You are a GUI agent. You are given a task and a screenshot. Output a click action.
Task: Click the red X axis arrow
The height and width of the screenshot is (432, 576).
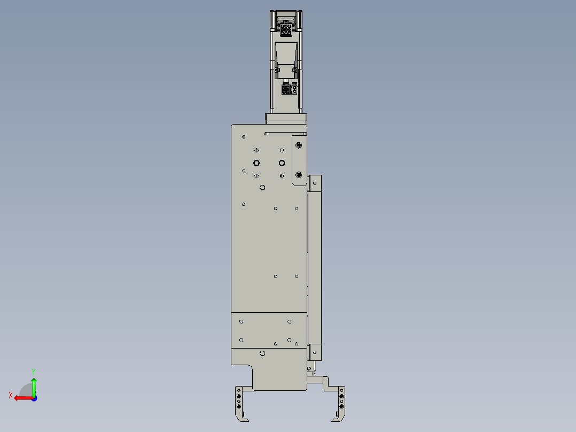pyautogui.click(x=21, y=397)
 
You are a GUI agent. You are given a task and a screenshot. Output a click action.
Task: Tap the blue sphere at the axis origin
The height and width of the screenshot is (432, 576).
pyautogui.click(x=34, y=398)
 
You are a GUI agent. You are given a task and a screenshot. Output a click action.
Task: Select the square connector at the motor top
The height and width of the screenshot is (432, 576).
pyautogui.click(x=286, y=29)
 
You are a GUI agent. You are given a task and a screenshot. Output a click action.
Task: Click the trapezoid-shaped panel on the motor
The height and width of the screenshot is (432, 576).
pyautogui.click(x=286, y=55)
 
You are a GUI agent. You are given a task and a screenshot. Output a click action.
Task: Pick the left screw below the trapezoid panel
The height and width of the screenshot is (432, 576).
pyautogui.click(x=278, y=70)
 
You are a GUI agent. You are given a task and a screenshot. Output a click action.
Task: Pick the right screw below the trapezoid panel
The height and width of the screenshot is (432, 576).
pyautogui.click(x=294, y=70)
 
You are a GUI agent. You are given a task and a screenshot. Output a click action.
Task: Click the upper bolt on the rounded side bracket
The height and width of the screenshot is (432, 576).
pyautogui.click(x=299, y=145)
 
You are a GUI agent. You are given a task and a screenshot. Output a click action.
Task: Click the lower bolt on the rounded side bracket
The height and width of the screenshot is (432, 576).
pyautogui.click(x=299, y=175)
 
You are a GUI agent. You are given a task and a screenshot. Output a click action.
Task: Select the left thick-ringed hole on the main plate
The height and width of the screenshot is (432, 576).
pyautogui.click(x=256, y=163)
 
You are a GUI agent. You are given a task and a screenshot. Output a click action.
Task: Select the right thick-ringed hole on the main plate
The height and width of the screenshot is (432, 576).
pyautogui.click(x=282, y=163)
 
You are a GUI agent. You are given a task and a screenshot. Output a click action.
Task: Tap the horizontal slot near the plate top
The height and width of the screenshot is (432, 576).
pyautogui.click(x=285, y=133)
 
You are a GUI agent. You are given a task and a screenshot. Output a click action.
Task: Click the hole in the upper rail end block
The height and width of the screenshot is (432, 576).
pyautogui.click(x=315, y=184)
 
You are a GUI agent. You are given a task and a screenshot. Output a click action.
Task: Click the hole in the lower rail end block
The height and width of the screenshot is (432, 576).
pyautogui.click(x=315, y=352)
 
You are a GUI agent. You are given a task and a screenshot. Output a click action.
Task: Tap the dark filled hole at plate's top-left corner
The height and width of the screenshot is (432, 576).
pyautogui.click(x=244, y=137)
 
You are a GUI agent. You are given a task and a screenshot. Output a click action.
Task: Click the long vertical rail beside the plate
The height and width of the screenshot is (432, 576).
pyautogui.click(x=315, y=267)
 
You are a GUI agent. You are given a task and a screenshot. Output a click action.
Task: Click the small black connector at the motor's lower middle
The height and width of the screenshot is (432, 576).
pyautogui.click(x=286, y=90)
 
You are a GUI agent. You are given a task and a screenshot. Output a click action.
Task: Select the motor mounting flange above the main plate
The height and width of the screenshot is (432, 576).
pyautogui.click(x=286, y=119)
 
